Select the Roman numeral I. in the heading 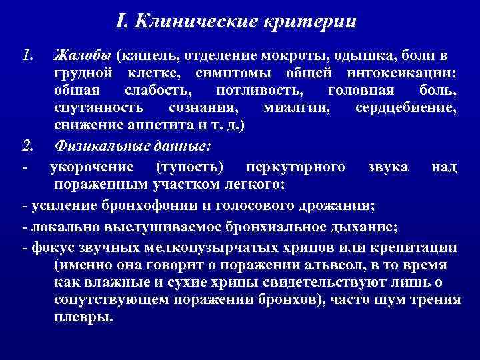pyautogui.click(x=120, y=22)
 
